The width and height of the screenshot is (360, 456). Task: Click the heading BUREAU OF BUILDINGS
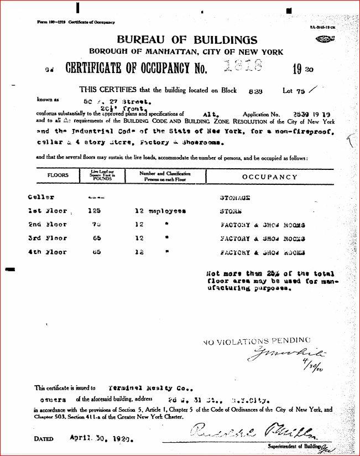pos(187,40)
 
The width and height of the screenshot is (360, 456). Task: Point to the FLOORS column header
pos(58,176)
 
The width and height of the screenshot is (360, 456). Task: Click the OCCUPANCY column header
pos(269,177)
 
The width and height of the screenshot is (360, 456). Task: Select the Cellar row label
pos(42,198)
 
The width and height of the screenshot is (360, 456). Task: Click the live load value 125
pos(94,211)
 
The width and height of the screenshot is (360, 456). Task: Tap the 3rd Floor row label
pos(48,239)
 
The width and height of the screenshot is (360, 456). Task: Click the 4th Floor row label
pos(48,252)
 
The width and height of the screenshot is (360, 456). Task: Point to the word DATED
pos(43,439)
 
